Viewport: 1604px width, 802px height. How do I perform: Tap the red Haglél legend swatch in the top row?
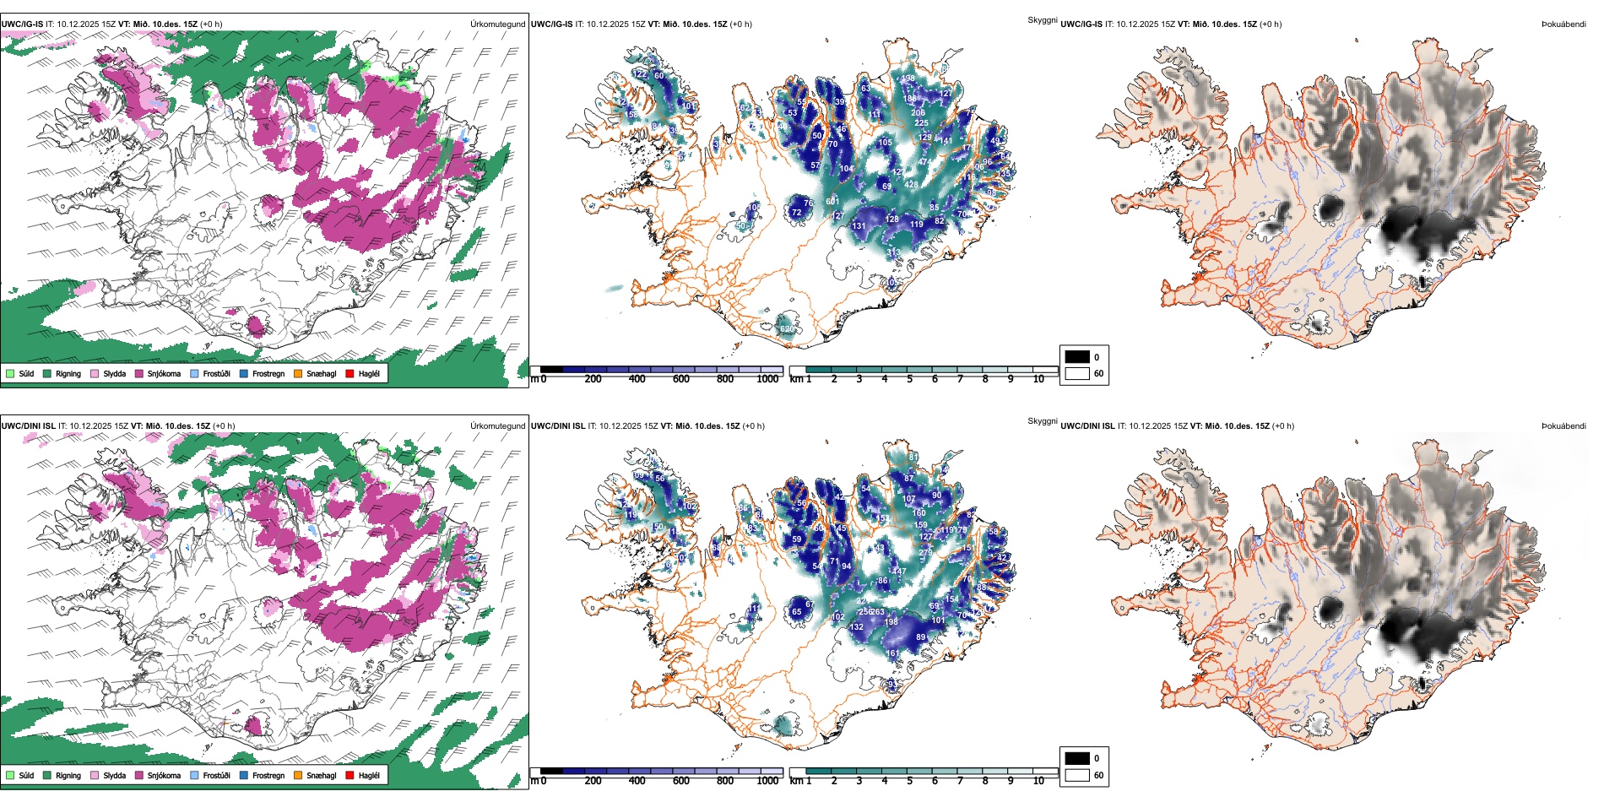(350, 373)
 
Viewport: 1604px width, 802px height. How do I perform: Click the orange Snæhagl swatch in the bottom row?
(298, 775)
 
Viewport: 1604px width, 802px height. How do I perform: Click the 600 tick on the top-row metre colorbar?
(681, 379)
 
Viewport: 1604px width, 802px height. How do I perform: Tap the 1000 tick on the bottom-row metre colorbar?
(767, 781)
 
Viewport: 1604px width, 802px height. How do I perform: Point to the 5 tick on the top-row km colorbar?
(909, 379)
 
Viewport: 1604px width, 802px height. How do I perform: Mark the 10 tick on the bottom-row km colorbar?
(1038, 781)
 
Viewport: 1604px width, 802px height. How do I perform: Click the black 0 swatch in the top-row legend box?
(1077, 357)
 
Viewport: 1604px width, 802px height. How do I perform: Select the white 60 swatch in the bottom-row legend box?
(1077, 774)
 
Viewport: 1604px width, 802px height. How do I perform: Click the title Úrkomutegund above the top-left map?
(497, 24)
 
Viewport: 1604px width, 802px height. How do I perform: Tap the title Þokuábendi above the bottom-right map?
(1563, 426)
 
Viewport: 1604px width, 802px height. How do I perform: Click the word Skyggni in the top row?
(1042, 20)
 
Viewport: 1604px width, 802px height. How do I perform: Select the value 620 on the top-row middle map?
(787, 329)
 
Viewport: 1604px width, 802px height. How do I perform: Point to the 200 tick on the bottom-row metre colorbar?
(593, 781)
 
